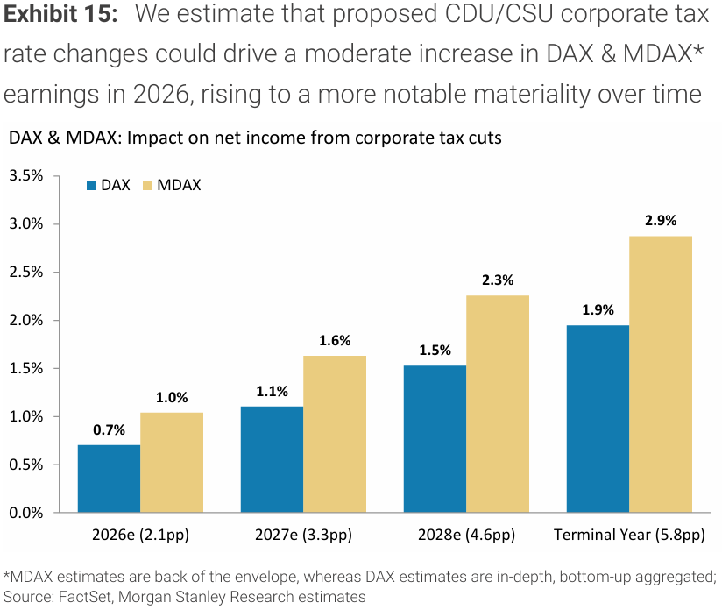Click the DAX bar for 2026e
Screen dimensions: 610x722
[x=109, y=479]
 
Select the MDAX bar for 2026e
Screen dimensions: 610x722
[x=172, y=463]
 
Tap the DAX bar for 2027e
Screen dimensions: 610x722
[x=272, y=459]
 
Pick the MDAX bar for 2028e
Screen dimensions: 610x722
[x=498, y=404]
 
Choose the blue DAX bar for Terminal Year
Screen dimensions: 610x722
[x=598, y=419]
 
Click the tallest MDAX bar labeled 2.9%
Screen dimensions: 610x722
[x=661, y=374]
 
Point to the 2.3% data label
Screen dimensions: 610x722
[x=497, y=280]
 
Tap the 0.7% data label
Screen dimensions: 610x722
[x=110, y=429]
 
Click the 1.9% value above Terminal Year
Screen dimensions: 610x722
[x=598, y=309]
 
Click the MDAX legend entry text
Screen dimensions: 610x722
[x=179, y=186]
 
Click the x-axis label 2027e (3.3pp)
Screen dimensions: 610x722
[x=303, y=534]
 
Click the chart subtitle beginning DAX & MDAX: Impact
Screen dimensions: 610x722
[x=254, y=138]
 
